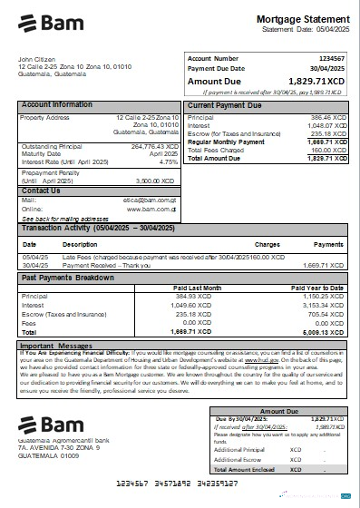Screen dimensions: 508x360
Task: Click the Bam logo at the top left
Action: point(45,22)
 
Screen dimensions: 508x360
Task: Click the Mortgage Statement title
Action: point(302,19)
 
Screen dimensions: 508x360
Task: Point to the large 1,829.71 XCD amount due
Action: point(313,81)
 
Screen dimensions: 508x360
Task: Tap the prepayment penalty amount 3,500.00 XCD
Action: point(155,181)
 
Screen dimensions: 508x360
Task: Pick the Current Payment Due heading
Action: point(225,105)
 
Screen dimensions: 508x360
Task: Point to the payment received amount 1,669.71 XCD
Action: point(325,265)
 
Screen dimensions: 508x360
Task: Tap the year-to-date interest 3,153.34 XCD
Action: point(325,306)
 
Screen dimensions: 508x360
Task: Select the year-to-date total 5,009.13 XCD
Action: point(325,333)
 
